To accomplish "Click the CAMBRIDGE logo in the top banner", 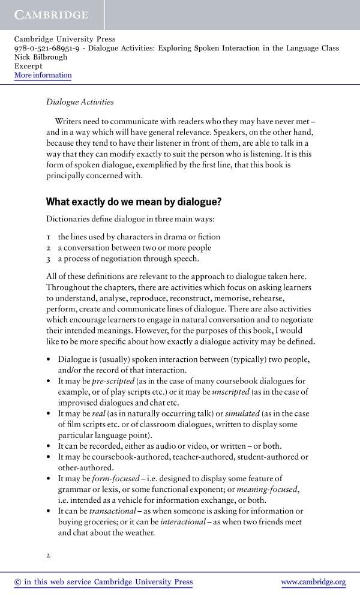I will coord(51,14).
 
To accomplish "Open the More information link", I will coord(43,75).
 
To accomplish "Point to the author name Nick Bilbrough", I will coord(40,57).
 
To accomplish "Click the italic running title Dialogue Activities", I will coord(80,103).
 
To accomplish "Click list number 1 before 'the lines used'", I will coord(49,237).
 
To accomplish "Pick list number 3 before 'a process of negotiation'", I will coord(49,259).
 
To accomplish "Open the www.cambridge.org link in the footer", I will coord(313,582).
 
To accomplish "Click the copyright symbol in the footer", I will coord(17,582).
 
